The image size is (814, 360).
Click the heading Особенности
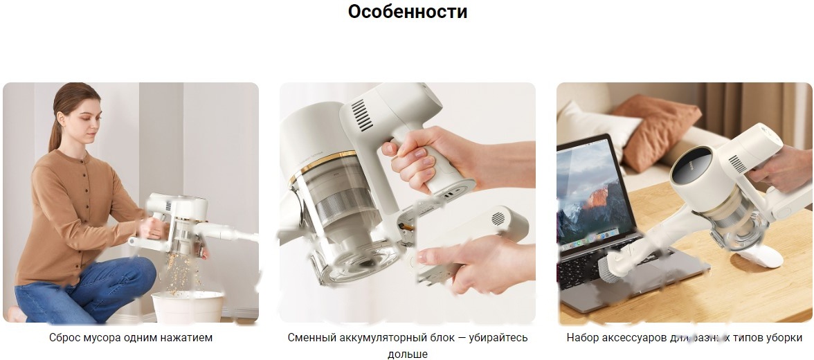click(407, 12)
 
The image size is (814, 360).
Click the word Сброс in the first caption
click(65, 338)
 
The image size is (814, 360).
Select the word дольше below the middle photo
click(407, 354)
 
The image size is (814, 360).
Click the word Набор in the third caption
click(582, 338)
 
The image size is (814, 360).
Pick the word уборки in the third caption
click(785, 338)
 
